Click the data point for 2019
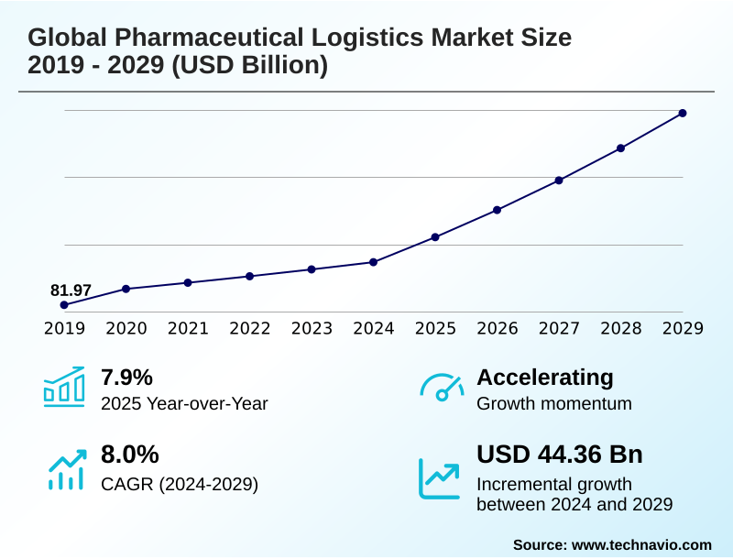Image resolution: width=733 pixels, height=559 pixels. [64, 304]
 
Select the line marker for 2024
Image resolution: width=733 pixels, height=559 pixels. [373, 262]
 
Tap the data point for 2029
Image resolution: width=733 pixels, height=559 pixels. [683, 114]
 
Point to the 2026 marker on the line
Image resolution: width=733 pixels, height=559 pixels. [497, 210]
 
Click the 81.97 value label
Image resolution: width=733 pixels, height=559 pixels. [71, 290]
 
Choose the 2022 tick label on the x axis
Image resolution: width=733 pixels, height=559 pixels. [249, 329]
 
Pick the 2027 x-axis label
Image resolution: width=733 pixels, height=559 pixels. [559, 329]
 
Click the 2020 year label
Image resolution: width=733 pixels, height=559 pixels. [126, 329]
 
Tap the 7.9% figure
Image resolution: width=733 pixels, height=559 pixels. [126, 378]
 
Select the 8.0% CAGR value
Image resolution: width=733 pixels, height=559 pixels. [129, 455]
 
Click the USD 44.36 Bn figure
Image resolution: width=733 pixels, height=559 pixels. [560, 455]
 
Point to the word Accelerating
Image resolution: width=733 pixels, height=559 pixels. [545, 378]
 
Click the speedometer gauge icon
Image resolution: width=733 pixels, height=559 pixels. [442, 388]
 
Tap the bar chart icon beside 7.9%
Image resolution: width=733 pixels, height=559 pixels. [64, 388]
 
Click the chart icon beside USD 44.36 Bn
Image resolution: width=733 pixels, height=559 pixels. [440, 477]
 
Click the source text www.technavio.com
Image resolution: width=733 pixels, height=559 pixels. [641, 544]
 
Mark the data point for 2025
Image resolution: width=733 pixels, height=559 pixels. [435, 237]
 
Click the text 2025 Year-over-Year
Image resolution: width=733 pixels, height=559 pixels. [184, 403]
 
